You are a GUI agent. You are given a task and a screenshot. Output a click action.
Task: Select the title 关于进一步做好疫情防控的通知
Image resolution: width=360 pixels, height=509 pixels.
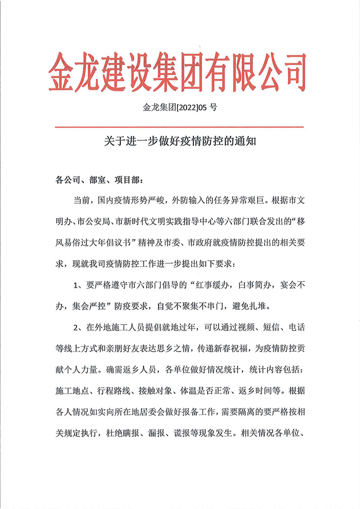179,141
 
